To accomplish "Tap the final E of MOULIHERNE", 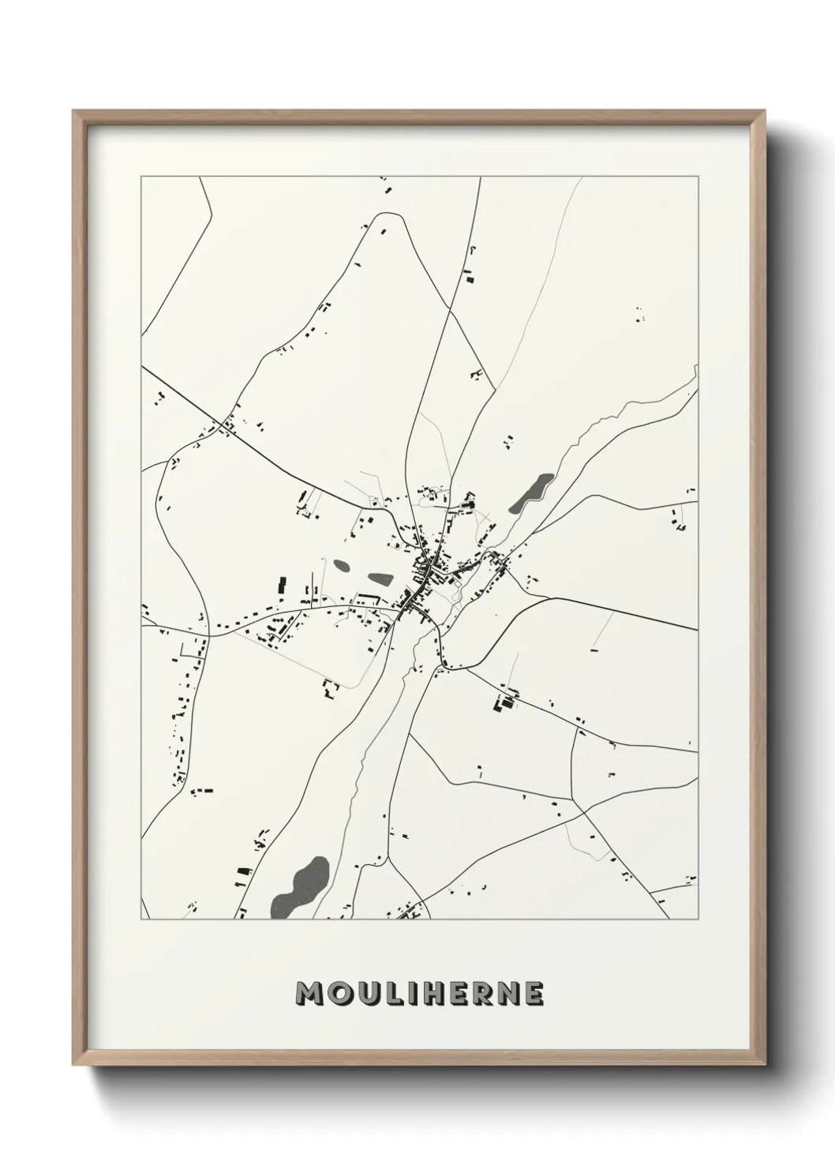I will [535, 994].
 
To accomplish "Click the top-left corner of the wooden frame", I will [74, 111].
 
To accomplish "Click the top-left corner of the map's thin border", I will [141, 177].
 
